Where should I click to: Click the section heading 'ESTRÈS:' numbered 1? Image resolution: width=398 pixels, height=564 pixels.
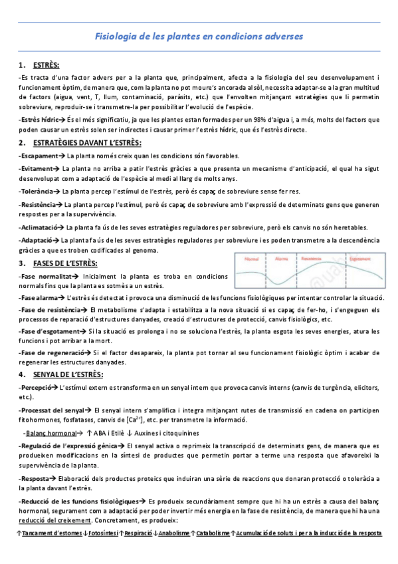46,65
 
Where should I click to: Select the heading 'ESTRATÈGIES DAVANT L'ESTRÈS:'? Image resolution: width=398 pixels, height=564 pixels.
87,143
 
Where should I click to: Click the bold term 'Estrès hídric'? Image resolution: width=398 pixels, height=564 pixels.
38,120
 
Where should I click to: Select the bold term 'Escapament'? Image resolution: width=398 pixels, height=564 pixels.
39,156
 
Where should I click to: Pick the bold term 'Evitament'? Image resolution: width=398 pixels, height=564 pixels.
37,169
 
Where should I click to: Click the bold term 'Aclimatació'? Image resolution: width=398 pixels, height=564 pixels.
39,227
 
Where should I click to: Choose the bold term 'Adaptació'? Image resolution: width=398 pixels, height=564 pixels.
37,239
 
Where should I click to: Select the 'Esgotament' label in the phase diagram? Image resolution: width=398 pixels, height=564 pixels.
359,258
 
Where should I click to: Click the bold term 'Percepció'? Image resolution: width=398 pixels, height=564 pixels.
37,387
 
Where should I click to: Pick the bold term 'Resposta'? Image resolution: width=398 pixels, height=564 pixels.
35,478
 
